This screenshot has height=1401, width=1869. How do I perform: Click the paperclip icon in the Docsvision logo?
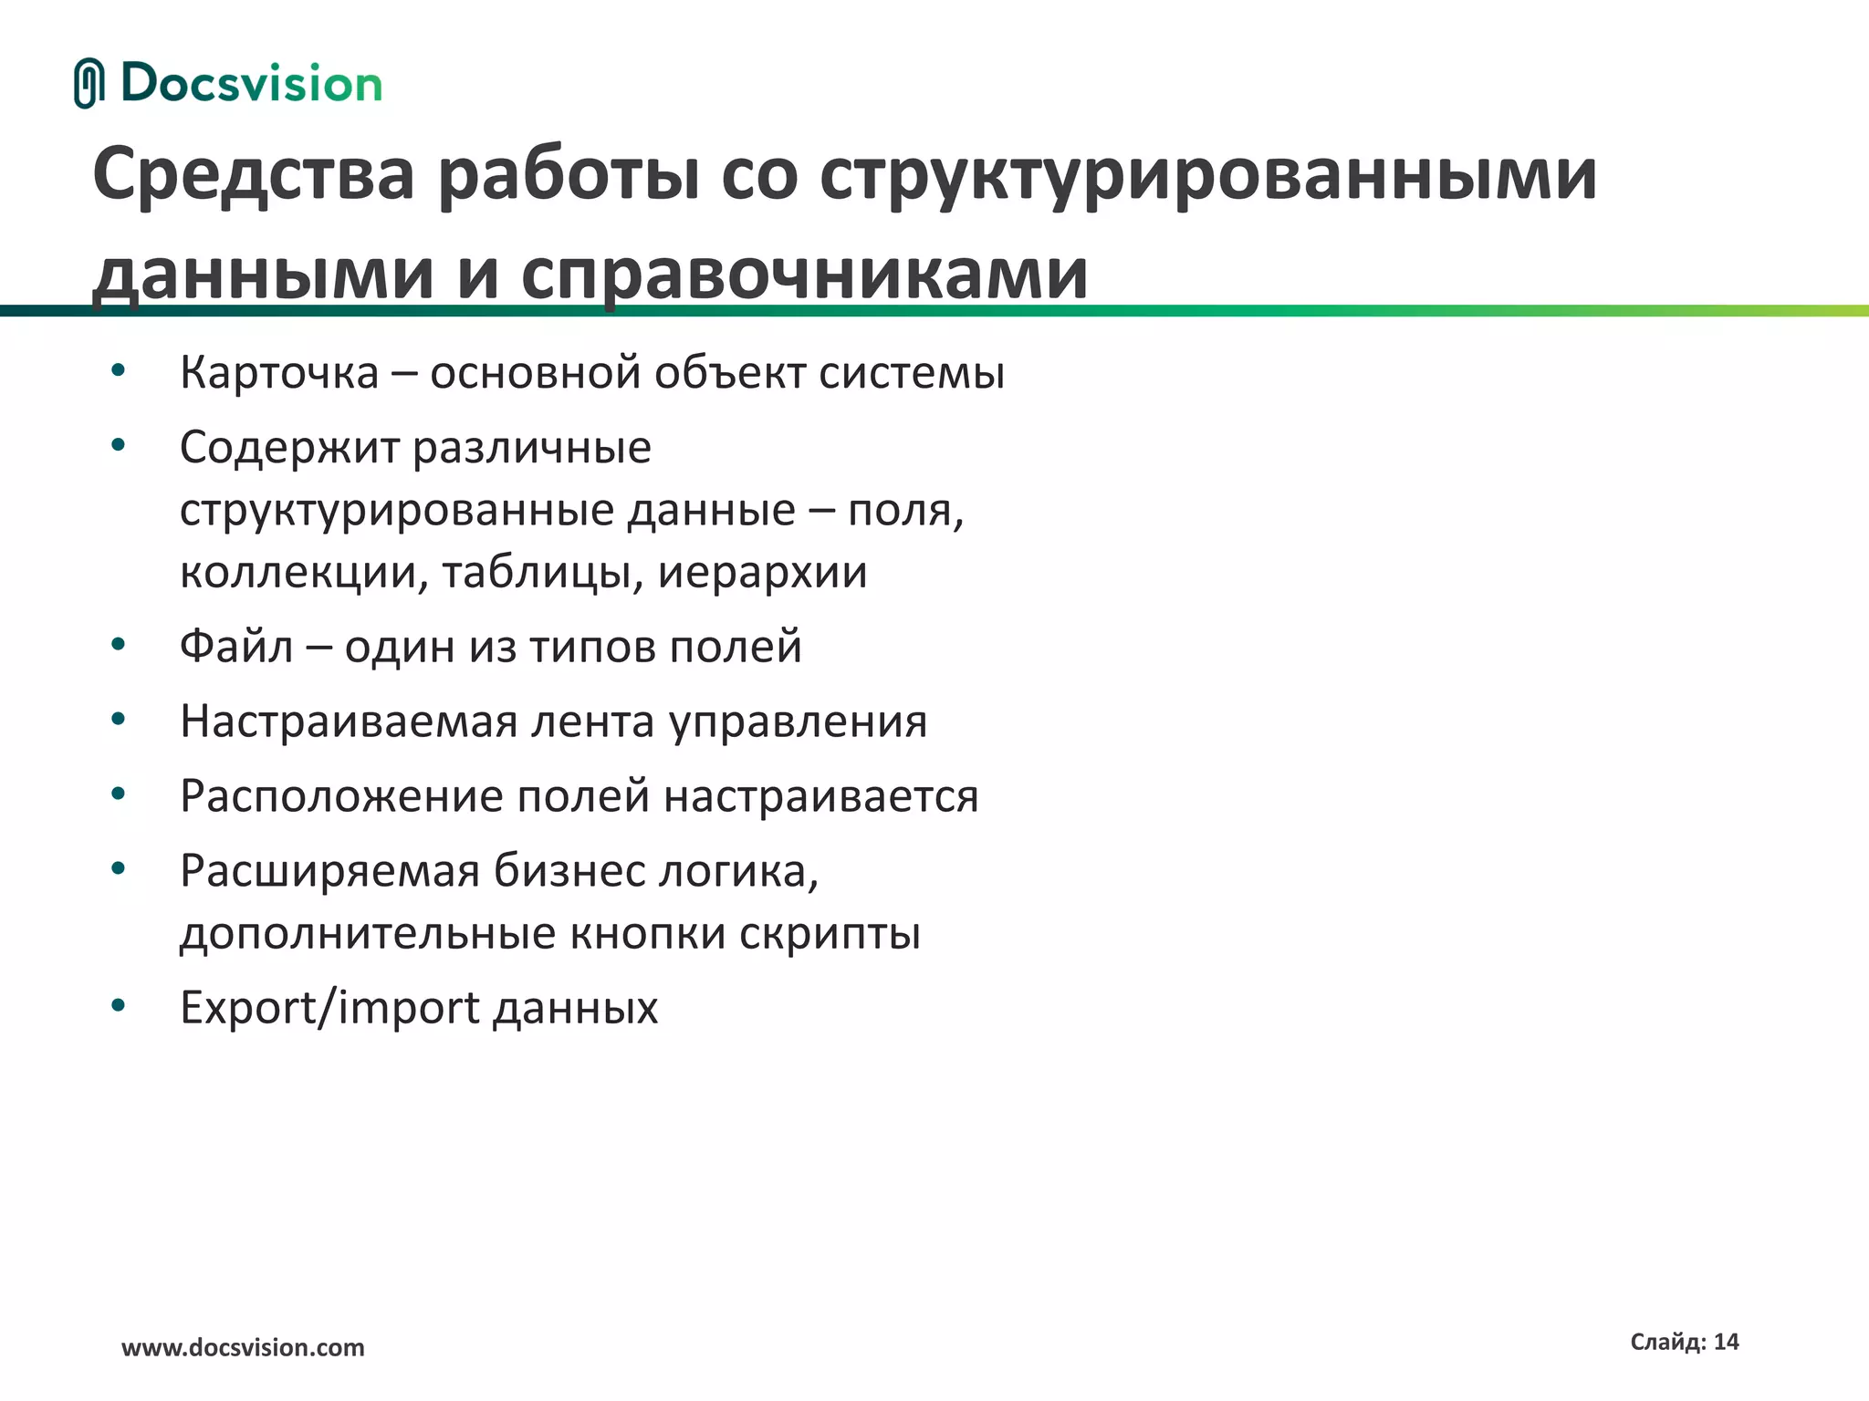tap(89, 83)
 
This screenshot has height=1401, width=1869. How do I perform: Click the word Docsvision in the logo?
tap(251, 84)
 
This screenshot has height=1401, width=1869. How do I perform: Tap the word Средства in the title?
tap(254, 174)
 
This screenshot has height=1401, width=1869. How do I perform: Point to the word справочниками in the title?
tap(804, 273)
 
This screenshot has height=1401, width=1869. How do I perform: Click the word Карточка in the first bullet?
tap(279, 373)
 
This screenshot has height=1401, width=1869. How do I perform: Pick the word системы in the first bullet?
tap(912, 373)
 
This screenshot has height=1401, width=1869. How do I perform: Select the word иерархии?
tap(762, 573)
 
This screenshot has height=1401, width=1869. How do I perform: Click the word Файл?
tap(236, 647)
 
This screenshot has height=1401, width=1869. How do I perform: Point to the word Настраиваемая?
tap(349, 721)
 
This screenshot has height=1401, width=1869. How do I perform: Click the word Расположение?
tap(341, 796)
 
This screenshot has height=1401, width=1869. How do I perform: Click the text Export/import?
tap(329, 1008)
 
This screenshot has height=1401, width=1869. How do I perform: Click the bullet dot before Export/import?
tap(118, 1005)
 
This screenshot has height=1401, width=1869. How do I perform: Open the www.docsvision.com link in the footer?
tap(243, 1347)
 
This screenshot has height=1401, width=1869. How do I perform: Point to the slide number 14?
tap(1726, 1342)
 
